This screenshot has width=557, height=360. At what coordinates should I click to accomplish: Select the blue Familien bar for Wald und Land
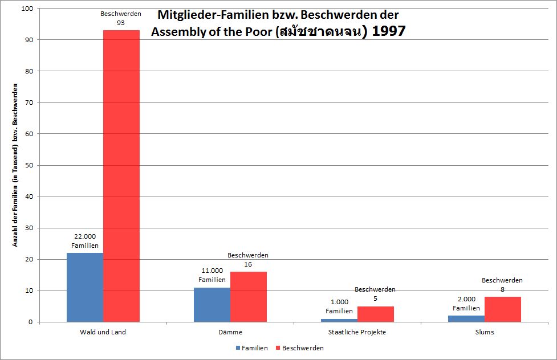(85, 287)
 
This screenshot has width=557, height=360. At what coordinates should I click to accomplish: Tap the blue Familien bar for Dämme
(212, 304)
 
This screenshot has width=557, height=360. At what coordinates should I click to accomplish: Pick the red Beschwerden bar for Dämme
(248, 297)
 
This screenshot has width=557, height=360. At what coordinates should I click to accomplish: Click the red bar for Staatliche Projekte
(375, 314)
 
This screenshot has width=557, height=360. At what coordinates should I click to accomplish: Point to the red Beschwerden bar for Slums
(502, 309)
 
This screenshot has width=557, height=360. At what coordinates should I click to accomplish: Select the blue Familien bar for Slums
(466, 318)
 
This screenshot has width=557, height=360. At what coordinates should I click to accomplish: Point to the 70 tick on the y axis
(30, 103)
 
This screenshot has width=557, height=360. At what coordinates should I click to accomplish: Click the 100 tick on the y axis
(28, 9)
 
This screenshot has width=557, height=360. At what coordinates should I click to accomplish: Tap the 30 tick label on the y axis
(30, 228)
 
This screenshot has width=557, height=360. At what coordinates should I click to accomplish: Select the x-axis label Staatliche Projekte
(357, 333)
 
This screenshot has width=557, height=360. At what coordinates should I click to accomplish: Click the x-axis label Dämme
(230, 333)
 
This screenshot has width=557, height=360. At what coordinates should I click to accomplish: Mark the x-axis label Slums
(484, 333)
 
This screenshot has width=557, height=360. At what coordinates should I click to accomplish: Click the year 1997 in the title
(388, 31)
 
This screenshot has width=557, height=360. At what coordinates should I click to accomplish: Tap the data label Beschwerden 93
(121, 18)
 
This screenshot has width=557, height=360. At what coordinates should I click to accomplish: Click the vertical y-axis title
(16, 165)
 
